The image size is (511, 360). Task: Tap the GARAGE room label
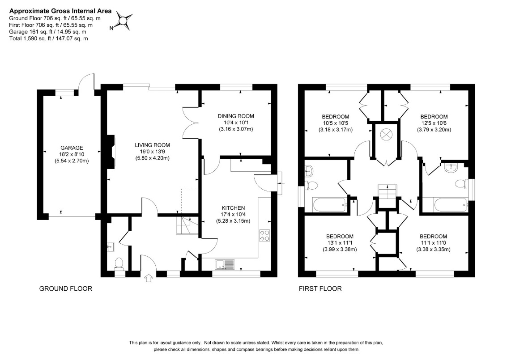click(72, 148)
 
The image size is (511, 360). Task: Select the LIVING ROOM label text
click(153, 145)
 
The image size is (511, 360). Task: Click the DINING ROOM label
click(236, 116)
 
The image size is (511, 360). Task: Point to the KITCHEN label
click(233, 208)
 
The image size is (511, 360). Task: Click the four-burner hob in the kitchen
click(264, 236)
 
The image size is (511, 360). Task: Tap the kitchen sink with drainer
click(225, 264)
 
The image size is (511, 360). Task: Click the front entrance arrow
click(149, 278)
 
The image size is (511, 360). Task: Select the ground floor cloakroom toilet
click(119, 263)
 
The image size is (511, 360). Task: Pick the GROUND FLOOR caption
click(65, 288)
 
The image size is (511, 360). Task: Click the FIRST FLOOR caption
click(320, 288)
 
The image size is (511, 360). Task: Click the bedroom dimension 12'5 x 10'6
click(434, 123)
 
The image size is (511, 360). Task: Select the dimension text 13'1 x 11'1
click(340, 243)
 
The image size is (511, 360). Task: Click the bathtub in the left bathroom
click(330, 204)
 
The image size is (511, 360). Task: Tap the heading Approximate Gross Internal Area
click(60, 11)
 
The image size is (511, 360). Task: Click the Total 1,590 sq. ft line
click(49, 38)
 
